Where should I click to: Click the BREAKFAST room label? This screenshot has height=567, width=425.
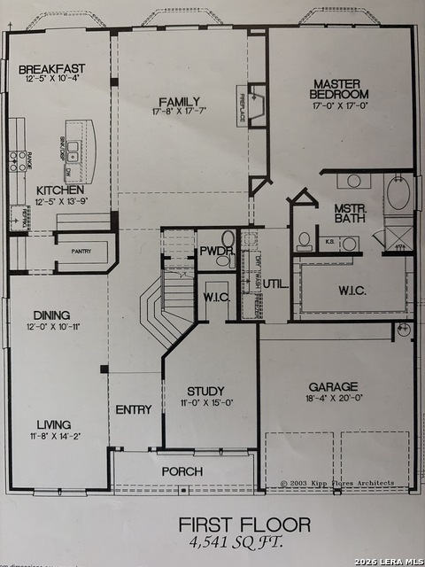50,69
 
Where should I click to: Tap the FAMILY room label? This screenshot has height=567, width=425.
179,101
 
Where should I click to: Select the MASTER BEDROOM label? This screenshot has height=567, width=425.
339,89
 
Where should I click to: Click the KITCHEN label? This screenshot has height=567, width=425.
60,190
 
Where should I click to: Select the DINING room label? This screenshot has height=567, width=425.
51,315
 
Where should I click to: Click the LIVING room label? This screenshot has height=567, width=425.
54,424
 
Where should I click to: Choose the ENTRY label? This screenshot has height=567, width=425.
134,409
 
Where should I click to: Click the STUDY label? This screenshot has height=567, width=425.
205,391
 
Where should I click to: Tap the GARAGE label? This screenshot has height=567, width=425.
333,386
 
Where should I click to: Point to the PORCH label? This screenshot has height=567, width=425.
182,471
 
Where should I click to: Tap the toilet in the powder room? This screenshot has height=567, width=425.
227,239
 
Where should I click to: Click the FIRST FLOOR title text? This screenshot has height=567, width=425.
244,524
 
